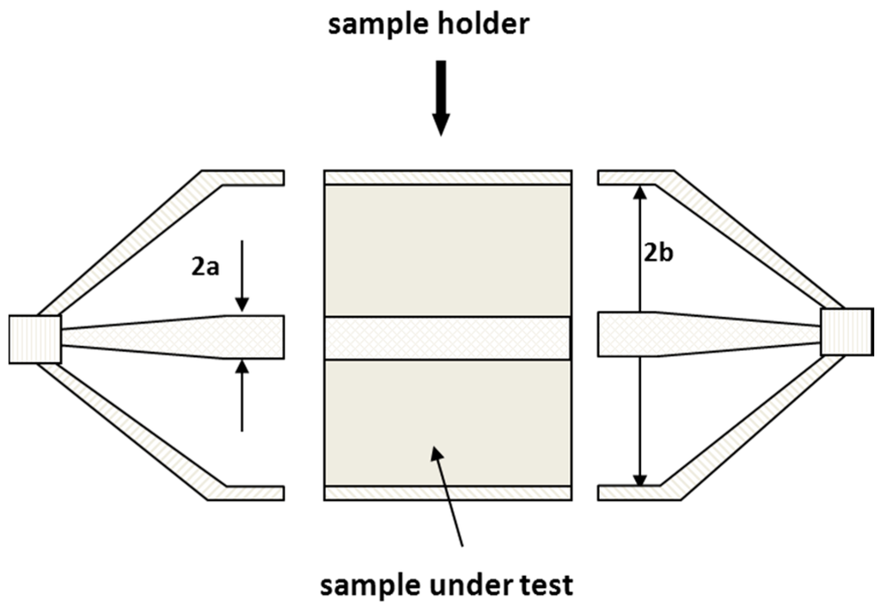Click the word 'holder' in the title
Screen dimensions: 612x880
tap(481, 24)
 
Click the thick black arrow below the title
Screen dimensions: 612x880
tap(441, 97)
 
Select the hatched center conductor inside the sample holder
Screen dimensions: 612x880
tap(447, 338)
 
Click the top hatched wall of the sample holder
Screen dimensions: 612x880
tap(447, 177)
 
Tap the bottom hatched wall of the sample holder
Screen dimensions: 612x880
tap(447, 493)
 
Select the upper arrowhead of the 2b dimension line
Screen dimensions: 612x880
tap(639, 192)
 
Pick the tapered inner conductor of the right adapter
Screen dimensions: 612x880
tap(713, 334)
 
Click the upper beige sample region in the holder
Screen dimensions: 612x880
tap(447, 249)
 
